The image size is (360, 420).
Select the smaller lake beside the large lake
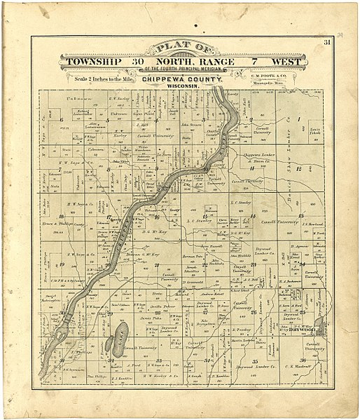tap(109, 344)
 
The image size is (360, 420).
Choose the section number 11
tap(279, 169)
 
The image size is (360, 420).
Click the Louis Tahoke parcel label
tap(314, 130)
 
